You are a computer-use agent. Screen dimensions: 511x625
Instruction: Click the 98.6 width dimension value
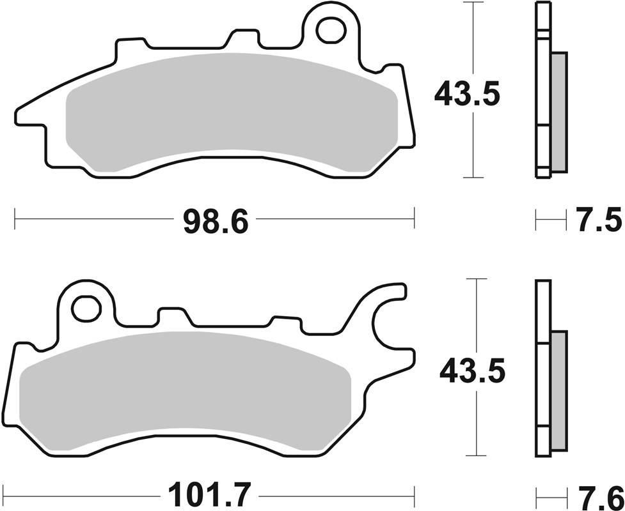(x=215, y=221)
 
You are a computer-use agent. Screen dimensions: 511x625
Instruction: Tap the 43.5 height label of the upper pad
(x=466, y=95)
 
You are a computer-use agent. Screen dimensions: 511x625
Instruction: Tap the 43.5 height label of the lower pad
(x=472, y=370)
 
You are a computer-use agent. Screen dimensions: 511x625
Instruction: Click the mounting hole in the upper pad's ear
(x=331, y=29)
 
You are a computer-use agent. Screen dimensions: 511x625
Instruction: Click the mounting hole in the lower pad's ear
(x=86, y=309)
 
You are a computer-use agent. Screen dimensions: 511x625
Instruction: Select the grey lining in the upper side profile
(x=558, y=112)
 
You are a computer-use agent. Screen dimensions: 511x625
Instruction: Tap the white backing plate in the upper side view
(x=542, y=89)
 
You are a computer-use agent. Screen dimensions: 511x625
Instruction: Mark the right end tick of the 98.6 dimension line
(x=415, y=218)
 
